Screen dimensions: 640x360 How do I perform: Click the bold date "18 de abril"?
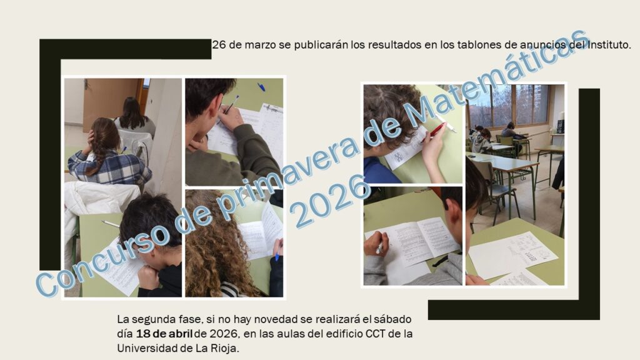pyautogui.click(x=164, y=334)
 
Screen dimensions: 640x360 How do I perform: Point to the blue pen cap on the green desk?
pyautogui.click(x=261, y=87)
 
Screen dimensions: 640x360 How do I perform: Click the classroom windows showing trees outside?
pyautogui.click(x=509, y=105)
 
